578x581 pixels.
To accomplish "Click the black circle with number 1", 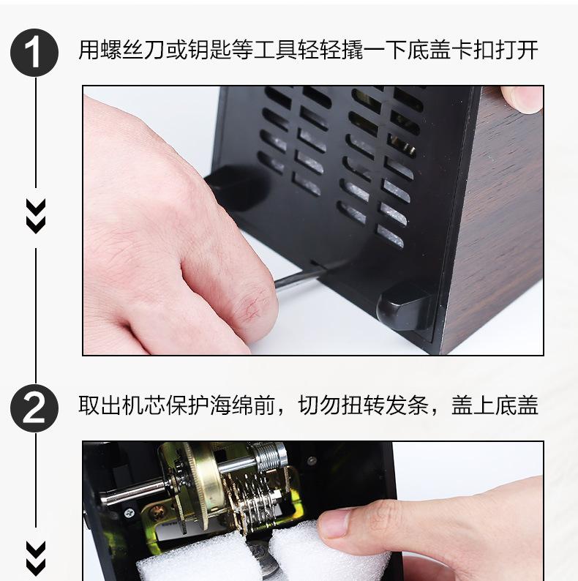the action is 34,53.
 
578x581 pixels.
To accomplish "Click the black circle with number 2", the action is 34,408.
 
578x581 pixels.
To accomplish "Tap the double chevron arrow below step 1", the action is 36,217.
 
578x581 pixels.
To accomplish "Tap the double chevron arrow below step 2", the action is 36,559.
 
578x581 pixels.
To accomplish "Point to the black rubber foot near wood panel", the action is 405,306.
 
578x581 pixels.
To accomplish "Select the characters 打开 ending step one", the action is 516,50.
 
